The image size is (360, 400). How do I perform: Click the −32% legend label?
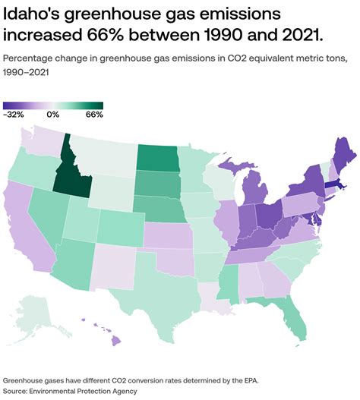(x=14, y=115)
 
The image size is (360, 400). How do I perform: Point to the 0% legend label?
(x=52, y=115)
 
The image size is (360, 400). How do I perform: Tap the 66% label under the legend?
(x=94, y=115)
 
